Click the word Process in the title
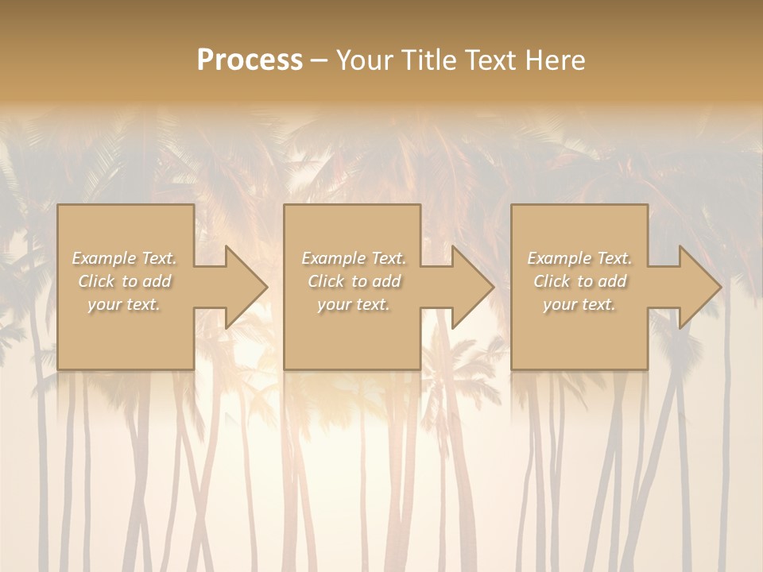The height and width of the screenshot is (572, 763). [250, 60]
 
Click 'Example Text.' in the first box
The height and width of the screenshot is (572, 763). [124, 258]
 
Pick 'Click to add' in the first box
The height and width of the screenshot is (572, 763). [124, 281]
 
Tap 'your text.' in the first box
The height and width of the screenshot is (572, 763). [124, 304]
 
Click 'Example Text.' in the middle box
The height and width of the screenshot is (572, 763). [353, 258]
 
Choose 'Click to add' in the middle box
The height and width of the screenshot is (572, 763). [353, 281]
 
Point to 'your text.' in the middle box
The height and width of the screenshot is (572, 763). [353, 304]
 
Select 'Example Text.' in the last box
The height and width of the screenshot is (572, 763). [579, 258]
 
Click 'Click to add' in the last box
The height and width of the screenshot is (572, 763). [579, 281]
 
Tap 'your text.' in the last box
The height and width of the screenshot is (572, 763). [579, 304]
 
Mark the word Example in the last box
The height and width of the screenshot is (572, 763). [560, 258]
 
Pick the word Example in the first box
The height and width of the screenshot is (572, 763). [104, 258]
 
